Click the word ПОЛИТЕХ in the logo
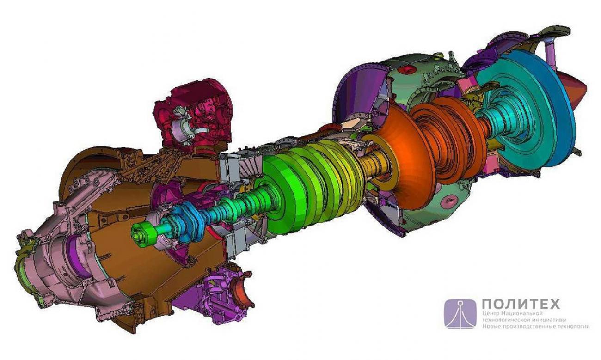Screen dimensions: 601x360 [521, 304]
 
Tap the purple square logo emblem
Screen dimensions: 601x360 [460, 314]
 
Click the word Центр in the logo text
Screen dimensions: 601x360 [490, 313]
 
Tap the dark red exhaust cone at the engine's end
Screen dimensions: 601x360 [577, 89]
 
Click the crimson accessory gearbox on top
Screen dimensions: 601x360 [193, 118]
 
